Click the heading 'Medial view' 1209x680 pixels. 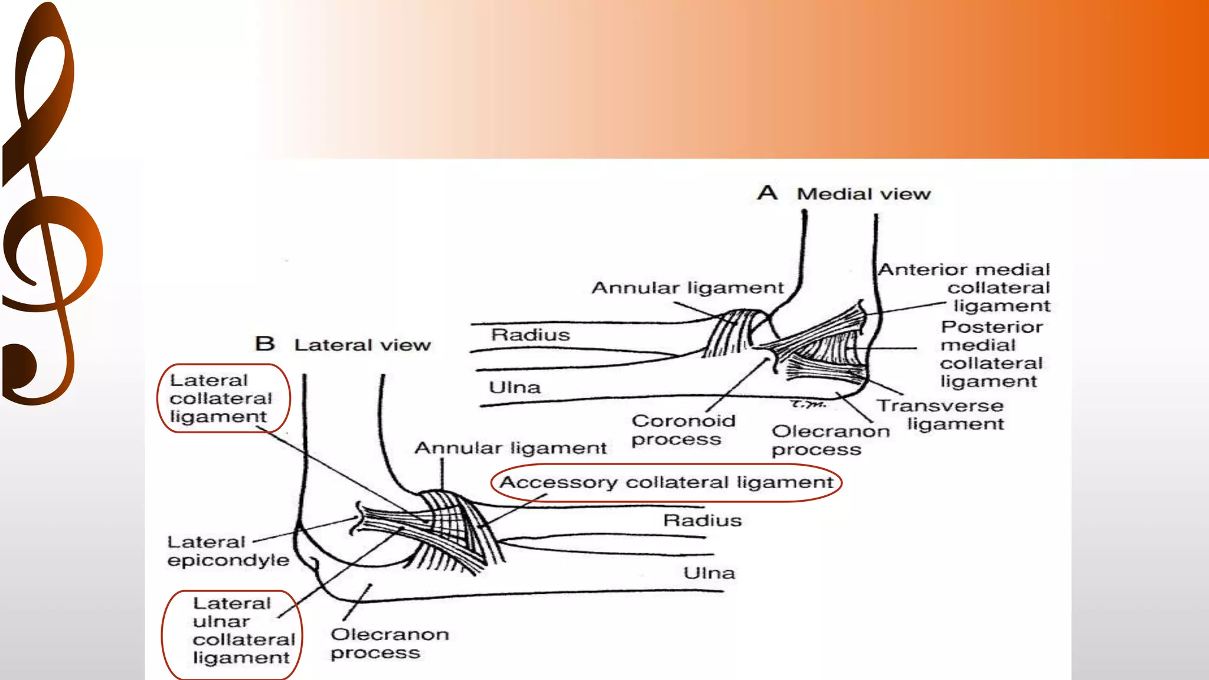[863, 194]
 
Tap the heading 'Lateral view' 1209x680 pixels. [362, 345]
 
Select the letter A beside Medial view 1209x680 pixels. [767, 192]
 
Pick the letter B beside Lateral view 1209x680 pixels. [265, 344]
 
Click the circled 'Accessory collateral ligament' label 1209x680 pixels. [666, 483]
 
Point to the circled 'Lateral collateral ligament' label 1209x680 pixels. [221, 398]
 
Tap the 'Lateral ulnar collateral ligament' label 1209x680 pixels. [243, 630]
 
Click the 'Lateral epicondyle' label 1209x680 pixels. [228, 551]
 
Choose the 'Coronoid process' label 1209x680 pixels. [682, 430]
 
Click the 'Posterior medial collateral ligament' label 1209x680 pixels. [991, 354]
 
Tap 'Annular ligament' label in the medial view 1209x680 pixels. [687, 288]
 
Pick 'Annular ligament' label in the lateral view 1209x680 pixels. [510, 448]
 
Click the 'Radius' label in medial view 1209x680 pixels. [530, 335]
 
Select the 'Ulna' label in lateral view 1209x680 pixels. [709, 573]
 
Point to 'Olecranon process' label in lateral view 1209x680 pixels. [389, 643]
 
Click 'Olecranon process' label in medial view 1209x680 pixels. [829, 440]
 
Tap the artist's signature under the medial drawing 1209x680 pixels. [808, 404]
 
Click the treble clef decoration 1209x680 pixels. [47, 207]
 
